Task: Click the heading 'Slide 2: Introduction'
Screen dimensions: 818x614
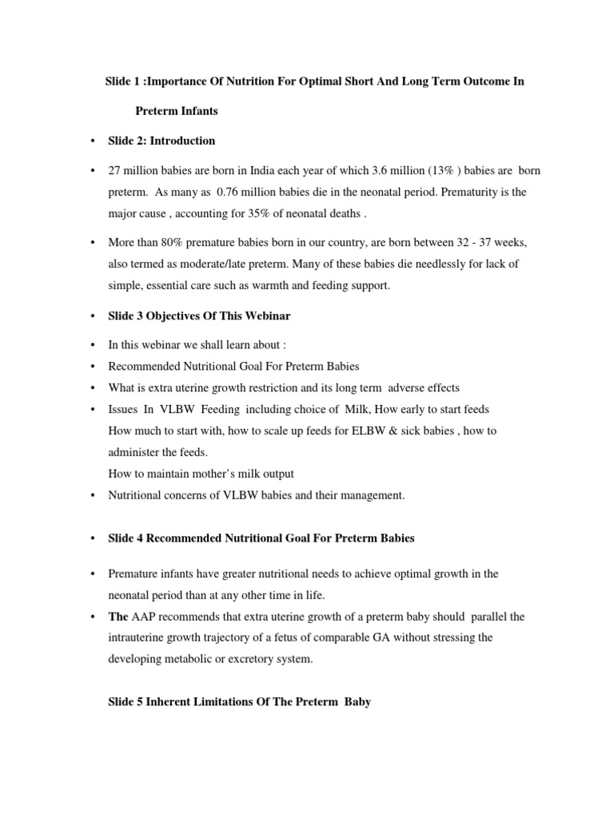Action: pyautogui.click(x=161, y=141)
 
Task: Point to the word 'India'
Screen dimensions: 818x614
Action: pyautogui.click(x=261, y=172)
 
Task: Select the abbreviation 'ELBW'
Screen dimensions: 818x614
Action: pyautogui.click(x=333, y=431)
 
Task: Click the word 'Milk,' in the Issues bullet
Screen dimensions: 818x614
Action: pyautogui.click(x=349, y=409)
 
